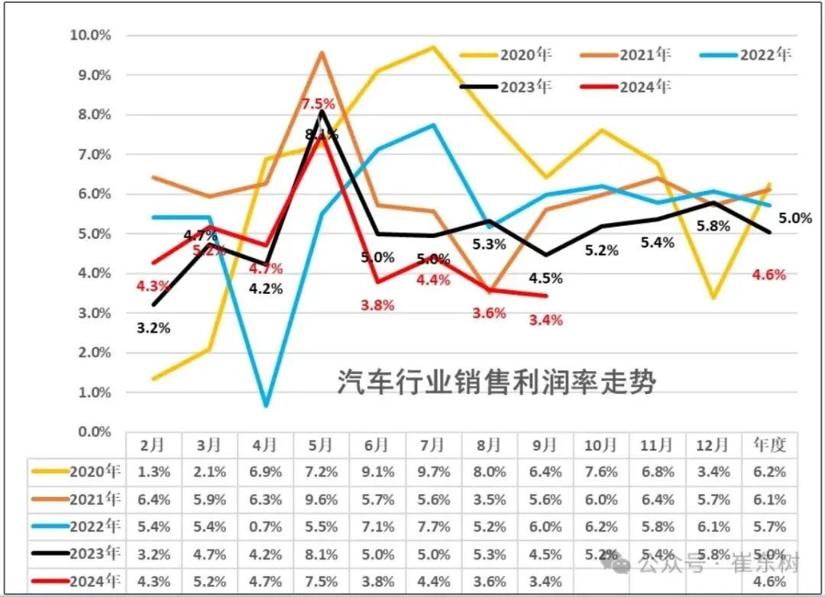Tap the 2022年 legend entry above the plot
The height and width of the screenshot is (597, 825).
(x=765, y=54)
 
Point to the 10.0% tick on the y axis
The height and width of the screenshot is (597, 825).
(x=90, y=35)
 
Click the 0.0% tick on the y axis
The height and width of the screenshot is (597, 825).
(x=92, y=431)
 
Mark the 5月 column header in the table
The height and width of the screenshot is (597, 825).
(x=321, y=444)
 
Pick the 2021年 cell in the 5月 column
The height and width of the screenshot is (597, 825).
(x=321, y=500)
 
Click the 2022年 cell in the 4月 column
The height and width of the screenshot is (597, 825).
(x=265, y=527)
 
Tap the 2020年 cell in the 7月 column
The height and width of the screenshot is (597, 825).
(x=432, y=473)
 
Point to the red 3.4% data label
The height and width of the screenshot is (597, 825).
(x=546, y=320)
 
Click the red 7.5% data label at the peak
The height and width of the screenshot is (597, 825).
(x=317, y=104)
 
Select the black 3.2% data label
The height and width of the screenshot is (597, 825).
(x=153, y=328)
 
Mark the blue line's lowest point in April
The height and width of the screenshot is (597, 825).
(x=265, y=405)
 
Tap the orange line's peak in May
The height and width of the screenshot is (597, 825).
(x=322, y=52)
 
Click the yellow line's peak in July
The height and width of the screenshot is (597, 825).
(x=433, y=47)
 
